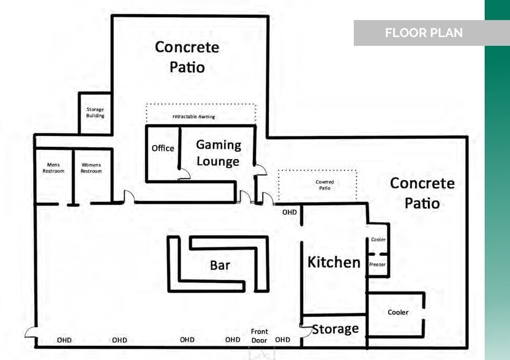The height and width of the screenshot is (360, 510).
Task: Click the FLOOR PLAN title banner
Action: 423,33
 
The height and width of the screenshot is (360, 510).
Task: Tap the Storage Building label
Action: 95,113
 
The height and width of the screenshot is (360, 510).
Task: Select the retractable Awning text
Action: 193,116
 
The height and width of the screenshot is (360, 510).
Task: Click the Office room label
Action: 163,148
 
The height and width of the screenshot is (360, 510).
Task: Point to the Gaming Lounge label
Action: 218,153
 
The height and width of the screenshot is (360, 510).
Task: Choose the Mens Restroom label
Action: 53,168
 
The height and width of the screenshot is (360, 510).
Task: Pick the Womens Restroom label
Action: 91,168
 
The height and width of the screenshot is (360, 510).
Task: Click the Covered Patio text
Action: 324,185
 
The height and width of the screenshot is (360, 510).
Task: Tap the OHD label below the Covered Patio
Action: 289,212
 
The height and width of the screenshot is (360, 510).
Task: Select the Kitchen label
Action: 334,263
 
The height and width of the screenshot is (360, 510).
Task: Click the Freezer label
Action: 377,264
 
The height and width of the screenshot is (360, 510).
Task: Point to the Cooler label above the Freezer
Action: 378,239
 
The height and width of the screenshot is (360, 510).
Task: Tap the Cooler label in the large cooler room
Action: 398,312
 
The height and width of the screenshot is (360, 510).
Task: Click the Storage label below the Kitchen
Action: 336,329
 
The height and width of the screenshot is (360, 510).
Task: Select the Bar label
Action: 220,265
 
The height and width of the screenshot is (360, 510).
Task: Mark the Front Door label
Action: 260,336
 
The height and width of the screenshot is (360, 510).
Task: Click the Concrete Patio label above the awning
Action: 187,56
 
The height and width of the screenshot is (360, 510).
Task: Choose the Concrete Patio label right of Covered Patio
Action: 422,192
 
